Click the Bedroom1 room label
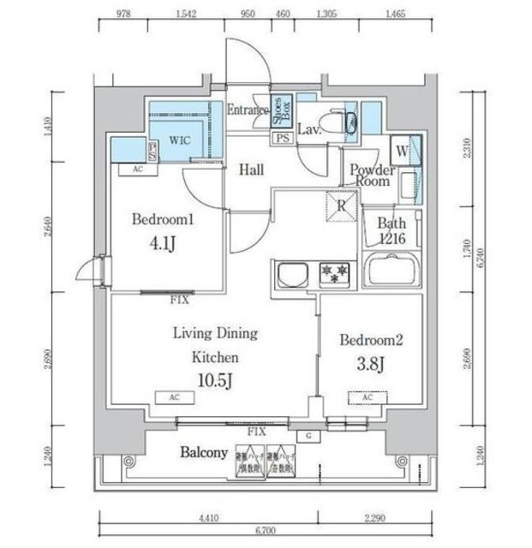tap(164, 220)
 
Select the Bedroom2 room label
tap(370, 340)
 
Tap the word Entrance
tap(248, 110)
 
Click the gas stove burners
tap(332, 273)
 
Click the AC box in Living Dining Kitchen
tap(174, 398)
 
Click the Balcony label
tap(204, 453)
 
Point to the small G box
tap(308, 435)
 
